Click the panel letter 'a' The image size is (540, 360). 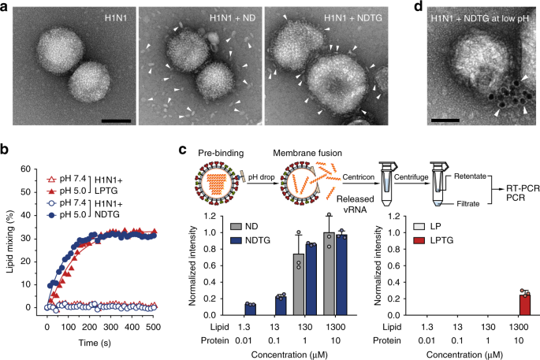coord(6,7)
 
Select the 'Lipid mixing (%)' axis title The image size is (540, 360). coord(9,223)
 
